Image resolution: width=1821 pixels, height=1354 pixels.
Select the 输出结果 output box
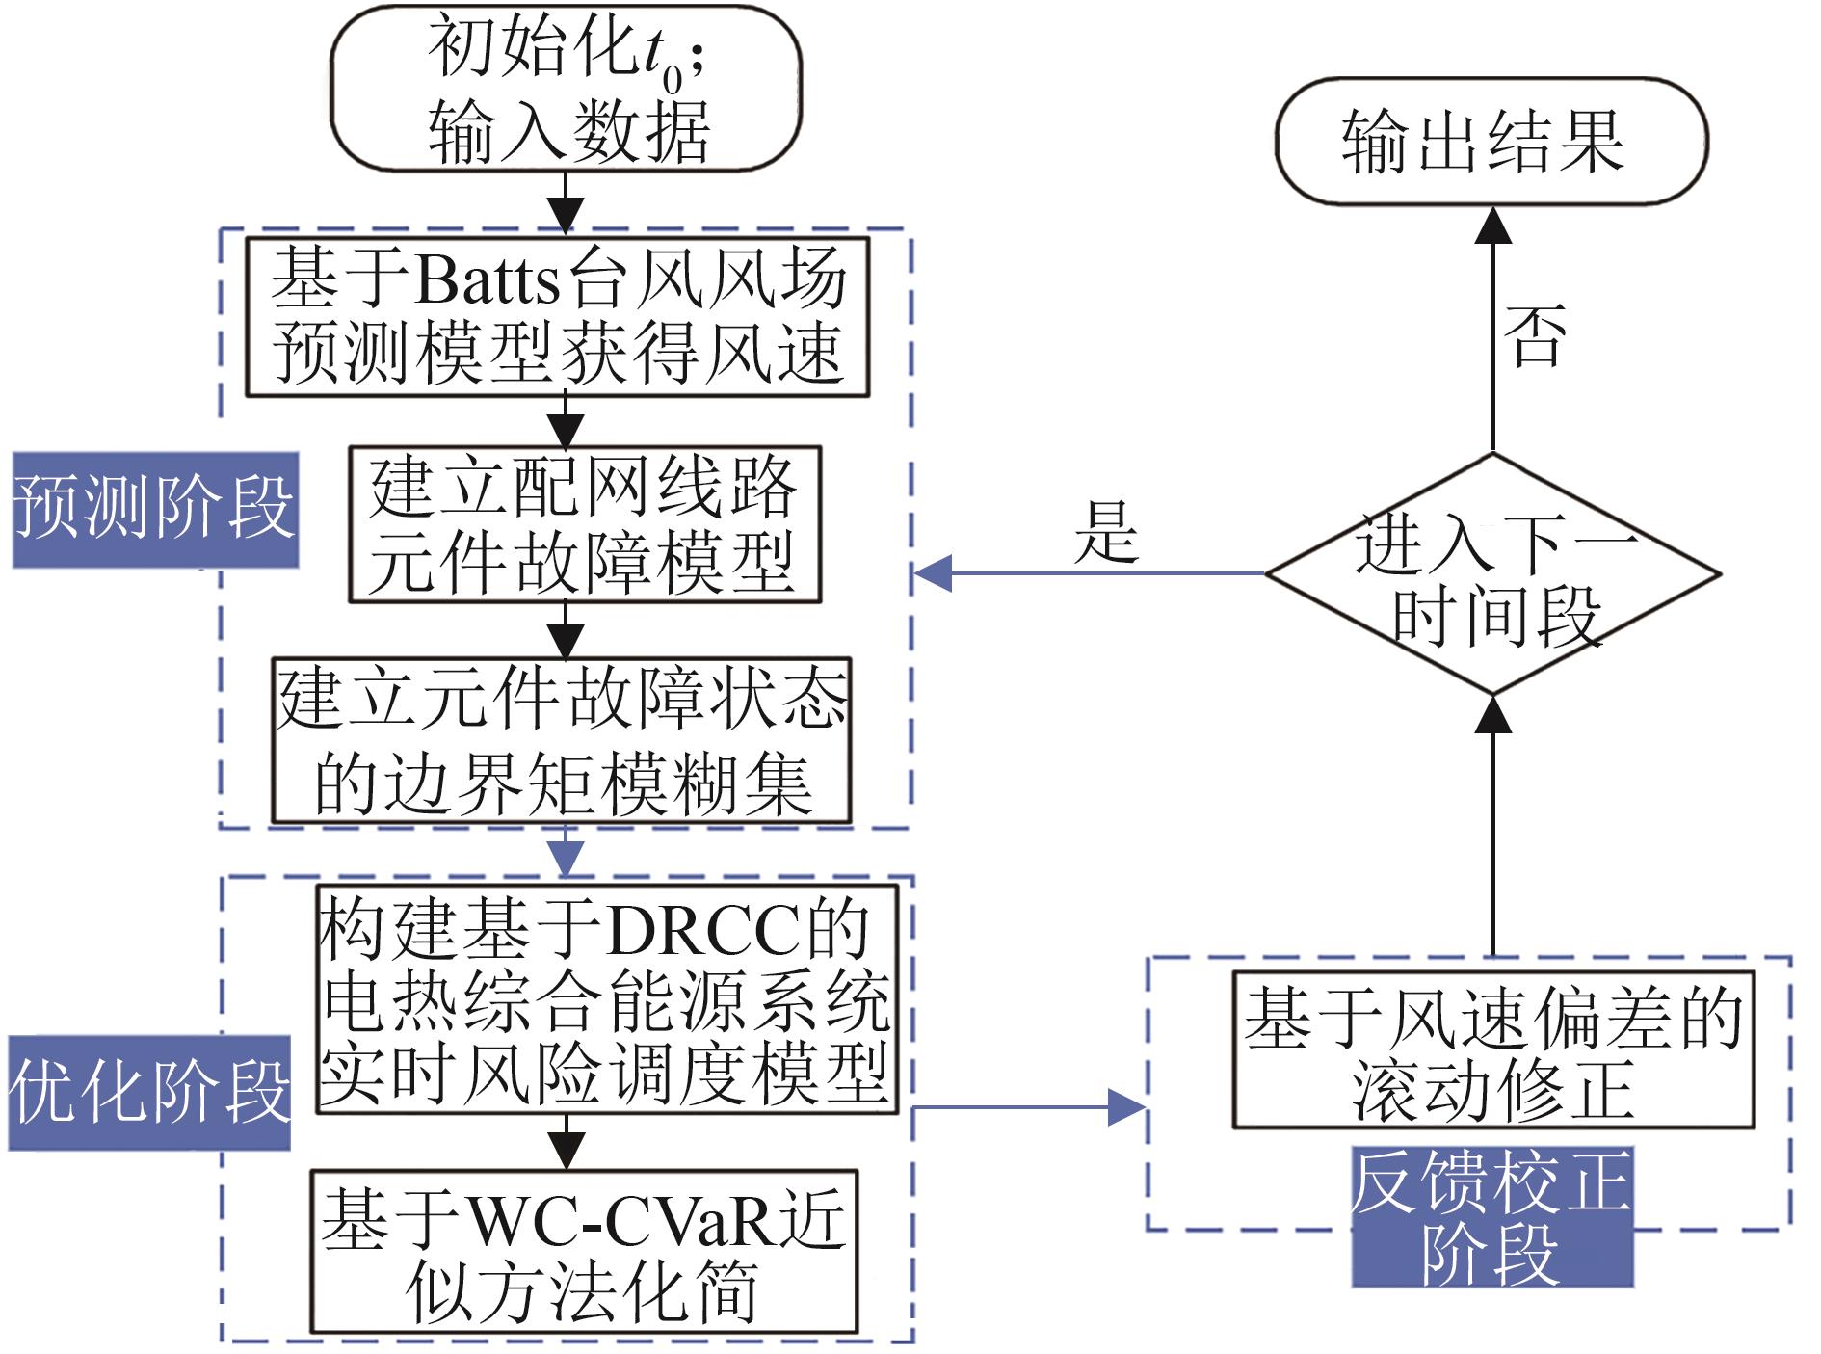click(1491, 142)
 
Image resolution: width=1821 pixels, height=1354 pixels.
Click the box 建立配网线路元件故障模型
click(585, 524)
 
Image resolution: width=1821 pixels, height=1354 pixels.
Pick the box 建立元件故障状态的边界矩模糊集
click(561, 740)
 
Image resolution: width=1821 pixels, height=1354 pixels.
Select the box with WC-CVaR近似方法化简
click(583, 1251)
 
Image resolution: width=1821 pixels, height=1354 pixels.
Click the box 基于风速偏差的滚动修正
click(1493, 1050)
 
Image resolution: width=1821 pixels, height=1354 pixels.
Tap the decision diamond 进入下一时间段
click(1492, 574)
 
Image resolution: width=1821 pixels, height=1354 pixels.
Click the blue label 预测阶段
click(155, 510)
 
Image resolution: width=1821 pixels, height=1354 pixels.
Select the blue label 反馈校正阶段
click(1491, 1217)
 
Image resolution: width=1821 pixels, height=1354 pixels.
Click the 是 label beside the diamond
click(1106, 532)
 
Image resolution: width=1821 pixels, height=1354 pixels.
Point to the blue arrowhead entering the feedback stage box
click(1127, 1107)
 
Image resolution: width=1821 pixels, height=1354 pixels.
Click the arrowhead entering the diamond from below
click(1493, 714)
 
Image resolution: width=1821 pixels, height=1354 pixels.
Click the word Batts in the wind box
click(488, 279)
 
